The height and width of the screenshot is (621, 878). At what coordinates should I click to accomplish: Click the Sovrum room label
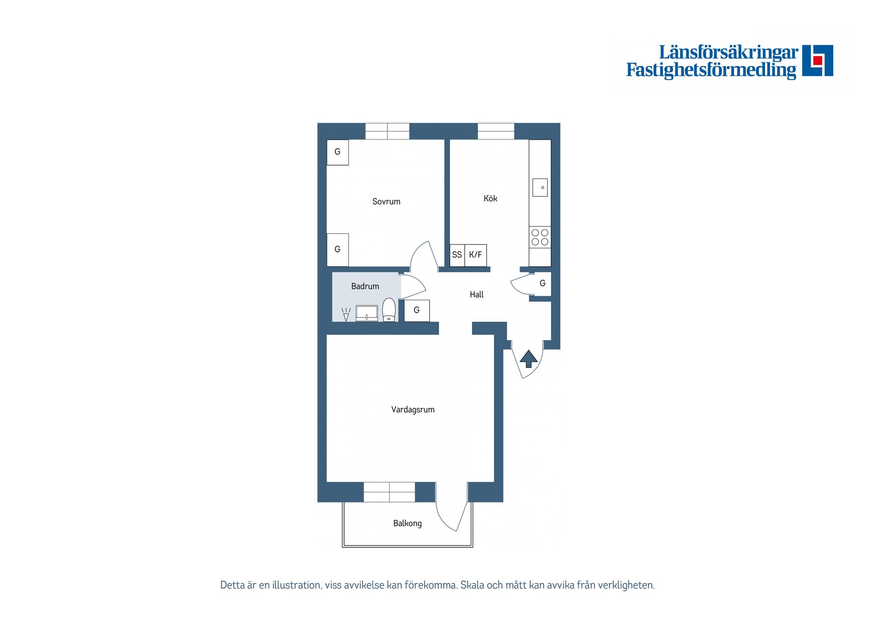pyautogui.click(x=386, y=201)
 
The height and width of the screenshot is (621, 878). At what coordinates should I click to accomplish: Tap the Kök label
pyautogui.click(x=490, y=198)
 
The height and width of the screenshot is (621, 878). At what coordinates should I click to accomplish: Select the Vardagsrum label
pyautogui.click(x=412, y=410)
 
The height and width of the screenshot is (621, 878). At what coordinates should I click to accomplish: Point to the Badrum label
pyautogui.click(x=365, y=286)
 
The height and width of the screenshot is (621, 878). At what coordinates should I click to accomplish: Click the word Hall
pyautogui.click(x=476, y=295)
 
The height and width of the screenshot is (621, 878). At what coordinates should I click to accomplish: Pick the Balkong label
pyautogui.click(x=407, y=523)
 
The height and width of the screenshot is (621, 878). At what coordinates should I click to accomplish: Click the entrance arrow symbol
pyautogui.click(x=529, y=358)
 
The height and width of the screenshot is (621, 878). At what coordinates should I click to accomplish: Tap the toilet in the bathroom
pyautogui.click(x=389, y=310)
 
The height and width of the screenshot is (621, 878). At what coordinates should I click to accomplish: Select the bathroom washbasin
pyautogui.click(x=367, y=313)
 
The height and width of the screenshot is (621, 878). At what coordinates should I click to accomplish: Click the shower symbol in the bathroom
pyautogui.click(x=346, y=314)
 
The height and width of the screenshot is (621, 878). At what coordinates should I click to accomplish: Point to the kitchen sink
pyautogui.click(x=540, y=187)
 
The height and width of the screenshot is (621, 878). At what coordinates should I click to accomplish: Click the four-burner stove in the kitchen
pyautogui.click(x=540, y=238)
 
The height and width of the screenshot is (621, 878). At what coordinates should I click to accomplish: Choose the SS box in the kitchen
pyautogui.click(x=457, y=255)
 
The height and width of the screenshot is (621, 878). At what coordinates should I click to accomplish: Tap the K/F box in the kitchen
pyautogui.click(x=476, y=255)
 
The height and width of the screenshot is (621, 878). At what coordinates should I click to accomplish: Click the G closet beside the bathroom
pyautogui.click(x=417, y=310)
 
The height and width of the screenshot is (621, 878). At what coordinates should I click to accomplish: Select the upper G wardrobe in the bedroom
pyautogui.click(x=337, y=152)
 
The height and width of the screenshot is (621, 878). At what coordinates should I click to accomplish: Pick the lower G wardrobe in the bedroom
pyautogui.click(x=337, y=249)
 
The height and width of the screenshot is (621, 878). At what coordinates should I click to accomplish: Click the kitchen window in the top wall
pyautogui.click(x=496, y=131)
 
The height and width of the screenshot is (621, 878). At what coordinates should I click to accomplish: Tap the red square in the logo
pyautogui.click(x=818, y=60)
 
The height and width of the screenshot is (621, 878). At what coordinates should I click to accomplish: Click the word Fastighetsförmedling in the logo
pyautogui.click(x=711, y=70)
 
